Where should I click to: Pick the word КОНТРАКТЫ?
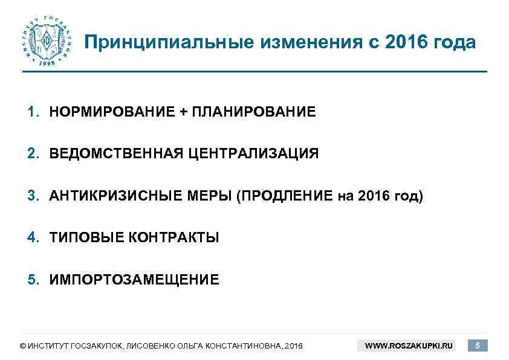tap(174, 238)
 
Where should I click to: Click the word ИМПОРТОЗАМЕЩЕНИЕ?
tap(134, 280)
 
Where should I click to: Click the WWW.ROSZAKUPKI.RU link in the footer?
tap(409, 346)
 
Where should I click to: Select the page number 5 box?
tap(478, 346)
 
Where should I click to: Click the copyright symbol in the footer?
tap(22, 347)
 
